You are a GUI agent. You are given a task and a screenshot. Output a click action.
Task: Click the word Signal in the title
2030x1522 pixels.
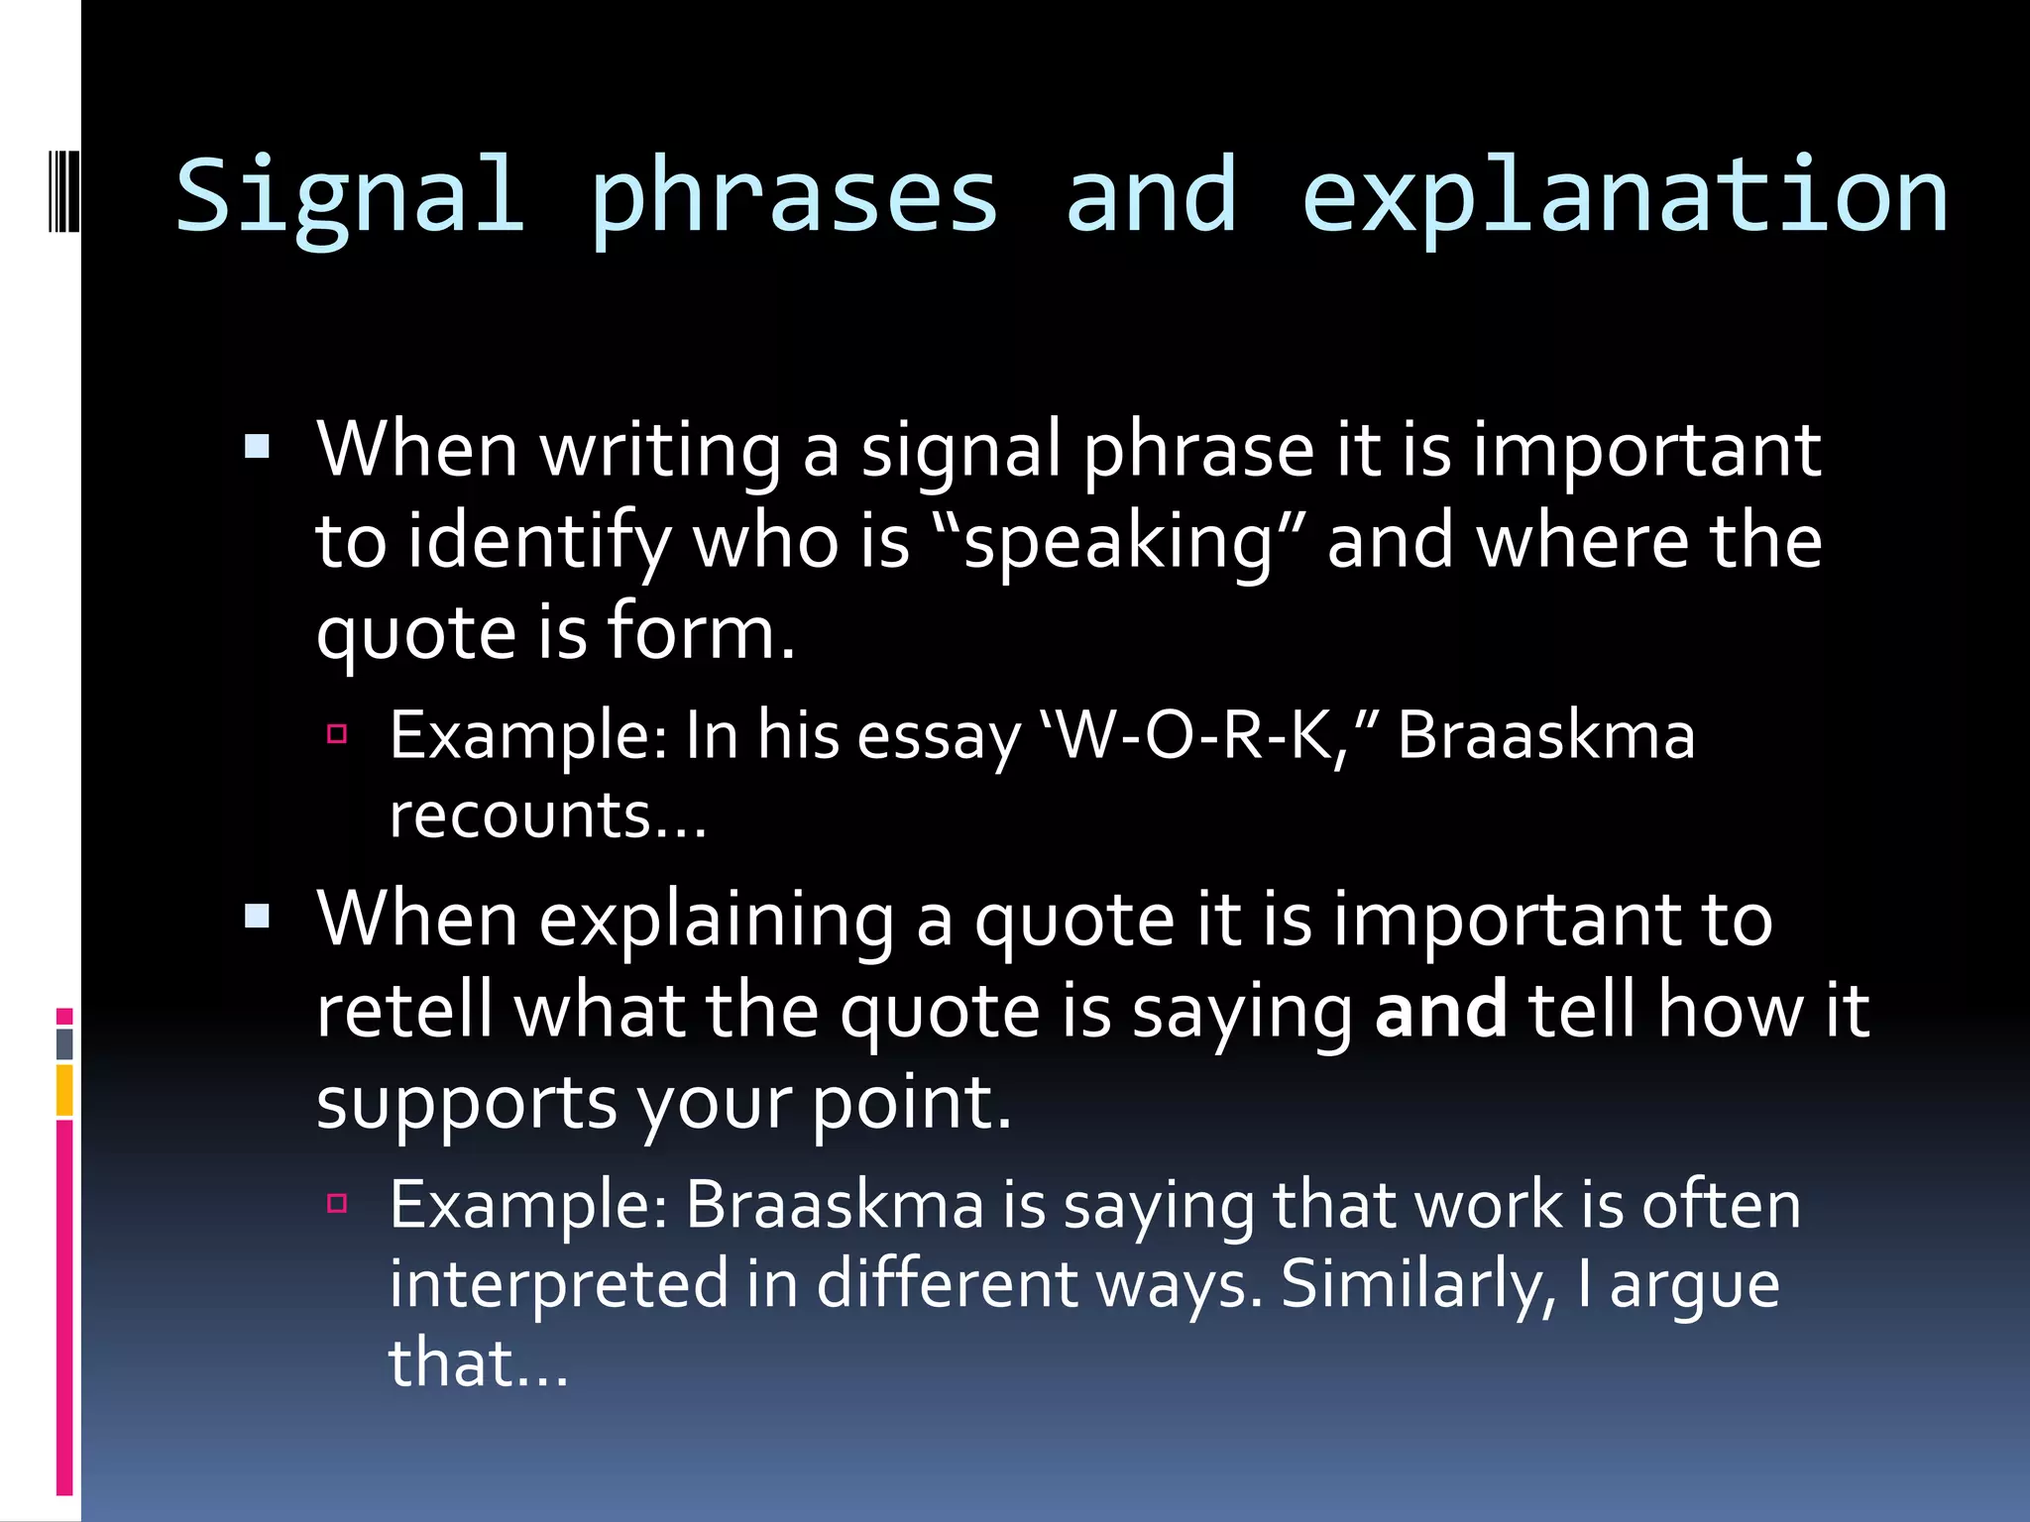click(349, 196)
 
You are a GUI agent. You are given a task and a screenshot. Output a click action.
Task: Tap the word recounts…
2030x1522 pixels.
click(547, 815)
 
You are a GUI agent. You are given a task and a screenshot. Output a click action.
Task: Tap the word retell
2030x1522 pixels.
click(403, 1011)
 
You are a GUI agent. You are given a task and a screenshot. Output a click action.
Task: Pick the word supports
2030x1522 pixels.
click(466, 1103)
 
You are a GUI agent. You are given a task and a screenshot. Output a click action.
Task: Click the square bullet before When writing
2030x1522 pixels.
click(258, 447)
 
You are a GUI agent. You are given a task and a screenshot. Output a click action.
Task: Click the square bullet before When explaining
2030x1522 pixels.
click(258, 916)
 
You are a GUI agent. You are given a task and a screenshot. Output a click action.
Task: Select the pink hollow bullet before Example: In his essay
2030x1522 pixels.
click(337, 734)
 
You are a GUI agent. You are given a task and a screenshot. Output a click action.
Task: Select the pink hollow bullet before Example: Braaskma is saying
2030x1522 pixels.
click(337, 1203)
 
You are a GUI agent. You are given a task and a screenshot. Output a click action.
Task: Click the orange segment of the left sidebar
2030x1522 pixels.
click(64, 1090)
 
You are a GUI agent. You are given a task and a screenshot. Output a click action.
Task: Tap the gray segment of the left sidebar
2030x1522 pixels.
click(64, 1043)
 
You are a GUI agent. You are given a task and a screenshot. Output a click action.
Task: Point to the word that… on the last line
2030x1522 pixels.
click(478, 1363)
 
